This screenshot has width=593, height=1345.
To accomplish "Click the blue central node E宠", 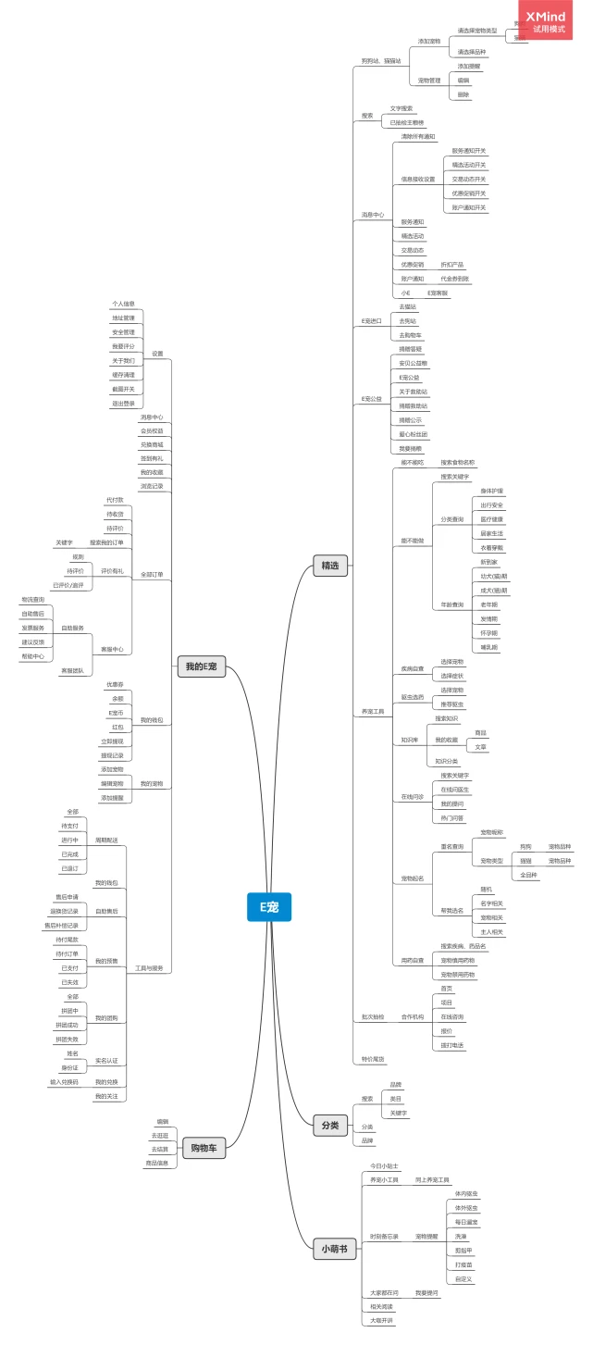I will (x=268, y=906).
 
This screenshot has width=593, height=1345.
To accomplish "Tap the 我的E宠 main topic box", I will (x=201, y=666).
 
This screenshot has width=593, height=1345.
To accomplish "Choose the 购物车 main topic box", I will (x=204, y=1148).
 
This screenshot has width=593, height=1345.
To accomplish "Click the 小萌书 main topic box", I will (x=334, y=1249).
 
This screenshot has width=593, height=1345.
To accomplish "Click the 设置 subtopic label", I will (x=157, y=354).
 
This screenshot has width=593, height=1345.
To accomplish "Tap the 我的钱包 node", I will (x=151, y=719).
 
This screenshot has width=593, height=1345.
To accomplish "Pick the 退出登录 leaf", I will (x=123, y=403).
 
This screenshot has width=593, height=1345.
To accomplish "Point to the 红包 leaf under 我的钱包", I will (x=117, y=727).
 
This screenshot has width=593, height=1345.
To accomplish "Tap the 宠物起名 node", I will (x=412, y=878).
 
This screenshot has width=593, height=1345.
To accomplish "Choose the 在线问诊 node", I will (x=412, y=796).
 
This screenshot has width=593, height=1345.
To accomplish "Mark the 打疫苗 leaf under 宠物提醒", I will (x=462, y=1264).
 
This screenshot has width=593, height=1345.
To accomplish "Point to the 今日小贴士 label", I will (x=384, y=1165).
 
